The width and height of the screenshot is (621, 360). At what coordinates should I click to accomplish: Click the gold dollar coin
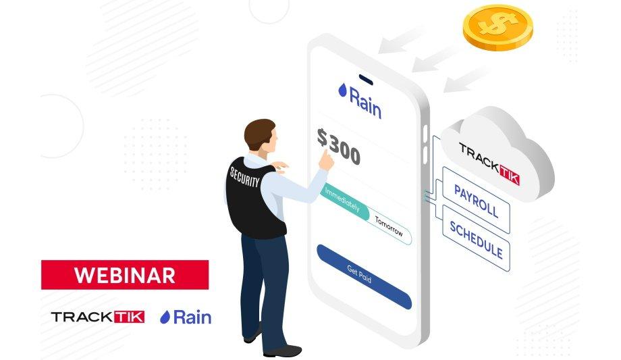(498, 28)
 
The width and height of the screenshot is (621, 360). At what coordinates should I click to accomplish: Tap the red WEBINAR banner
(125, 275)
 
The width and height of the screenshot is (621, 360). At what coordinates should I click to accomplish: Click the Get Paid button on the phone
(364, 276)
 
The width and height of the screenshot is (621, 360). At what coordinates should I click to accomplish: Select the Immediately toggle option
(344, 201)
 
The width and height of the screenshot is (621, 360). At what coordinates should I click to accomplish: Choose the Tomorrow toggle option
(389, 227)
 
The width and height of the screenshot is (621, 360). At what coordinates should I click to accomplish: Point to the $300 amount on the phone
(339, 146)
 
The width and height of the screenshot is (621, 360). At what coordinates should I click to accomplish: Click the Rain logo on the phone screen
(360, 100)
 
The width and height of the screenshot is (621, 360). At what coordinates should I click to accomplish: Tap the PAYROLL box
(476, 200)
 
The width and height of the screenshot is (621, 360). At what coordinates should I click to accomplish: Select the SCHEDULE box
(476, 238)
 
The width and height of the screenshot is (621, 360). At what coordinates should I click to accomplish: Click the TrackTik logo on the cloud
(489, 163)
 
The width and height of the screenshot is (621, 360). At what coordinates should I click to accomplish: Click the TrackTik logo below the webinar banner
(98, 317)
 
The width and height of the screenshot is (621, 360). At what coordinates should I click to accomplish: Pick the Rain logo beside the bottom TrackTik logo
(186, 317)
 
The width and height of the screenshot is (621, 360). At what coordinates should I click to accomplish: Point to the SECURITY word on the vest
(245, 177)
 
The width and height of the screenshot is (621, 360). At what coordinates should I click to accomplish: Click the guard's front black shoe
(283, 351)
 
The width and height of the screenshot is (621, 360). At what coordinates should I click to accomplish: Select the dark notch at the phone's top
(366, 79)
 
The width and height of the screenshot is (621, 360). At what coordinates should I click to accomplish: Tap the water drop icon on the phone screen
(343, 90)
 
